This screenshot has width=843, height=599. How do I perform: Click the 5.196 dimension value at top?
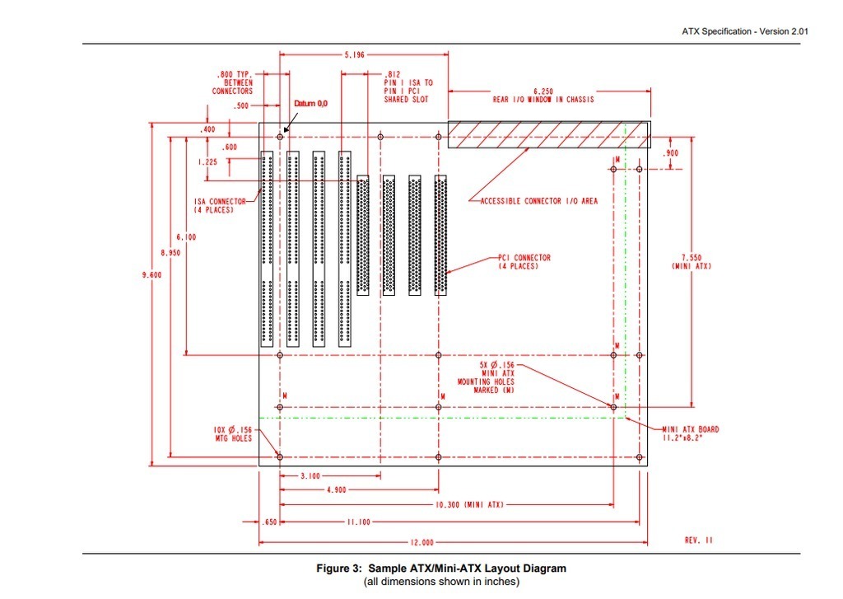(x=354, y=54)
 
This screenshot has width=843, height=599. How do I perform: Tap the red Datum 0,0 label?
(x=310, y=103)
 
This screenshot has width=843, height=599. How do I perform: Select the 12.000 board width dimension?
(x=421, y=542)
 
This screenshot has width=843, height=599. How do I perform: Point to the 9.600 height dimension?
(x=151, y=275)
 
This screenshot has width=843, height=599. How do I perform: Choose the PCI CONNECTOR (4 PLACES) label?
(x=524, y=262)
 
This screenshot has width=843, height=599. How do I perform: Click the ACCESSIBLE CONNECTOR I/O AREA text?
(x=538, y=201)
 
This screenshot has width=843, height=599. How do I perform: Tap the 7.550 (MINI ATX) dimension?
(x=692, y=262)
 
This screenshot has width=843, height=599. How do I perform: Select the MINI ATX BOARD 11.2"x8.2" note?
(x=691, y=433)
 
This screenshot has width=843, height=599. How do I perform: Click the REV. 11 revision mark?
(x=698, y=540)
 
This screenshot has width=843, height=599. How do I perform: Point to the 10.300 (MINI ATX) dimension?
(x=468, y=505)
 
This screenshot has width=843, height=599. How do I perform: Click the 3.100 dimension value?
(x=310, y=475)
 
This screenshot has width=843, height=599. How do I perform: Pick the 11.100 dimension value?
(x=358, y=522)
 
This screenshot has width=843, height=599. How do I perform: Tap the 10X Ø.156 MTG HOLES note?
(x=232, y=433)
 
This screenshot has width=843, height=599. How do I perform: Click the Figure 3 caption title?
(x=441, y=569)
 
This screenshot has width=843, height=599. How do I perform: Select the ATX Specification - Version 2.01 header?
(x=744, y=31)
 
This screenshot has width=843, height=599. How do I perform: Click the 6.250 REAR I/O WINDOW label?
(x=543, y=96)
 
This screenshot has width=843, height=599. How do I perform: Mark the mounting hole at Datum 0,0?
(x=280, y=137)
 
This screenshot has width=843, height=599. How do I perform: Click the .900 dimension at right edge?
(x=670, y=153)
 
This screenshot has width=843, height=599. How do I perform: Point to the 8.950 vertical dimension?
(x=170, y=252)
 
